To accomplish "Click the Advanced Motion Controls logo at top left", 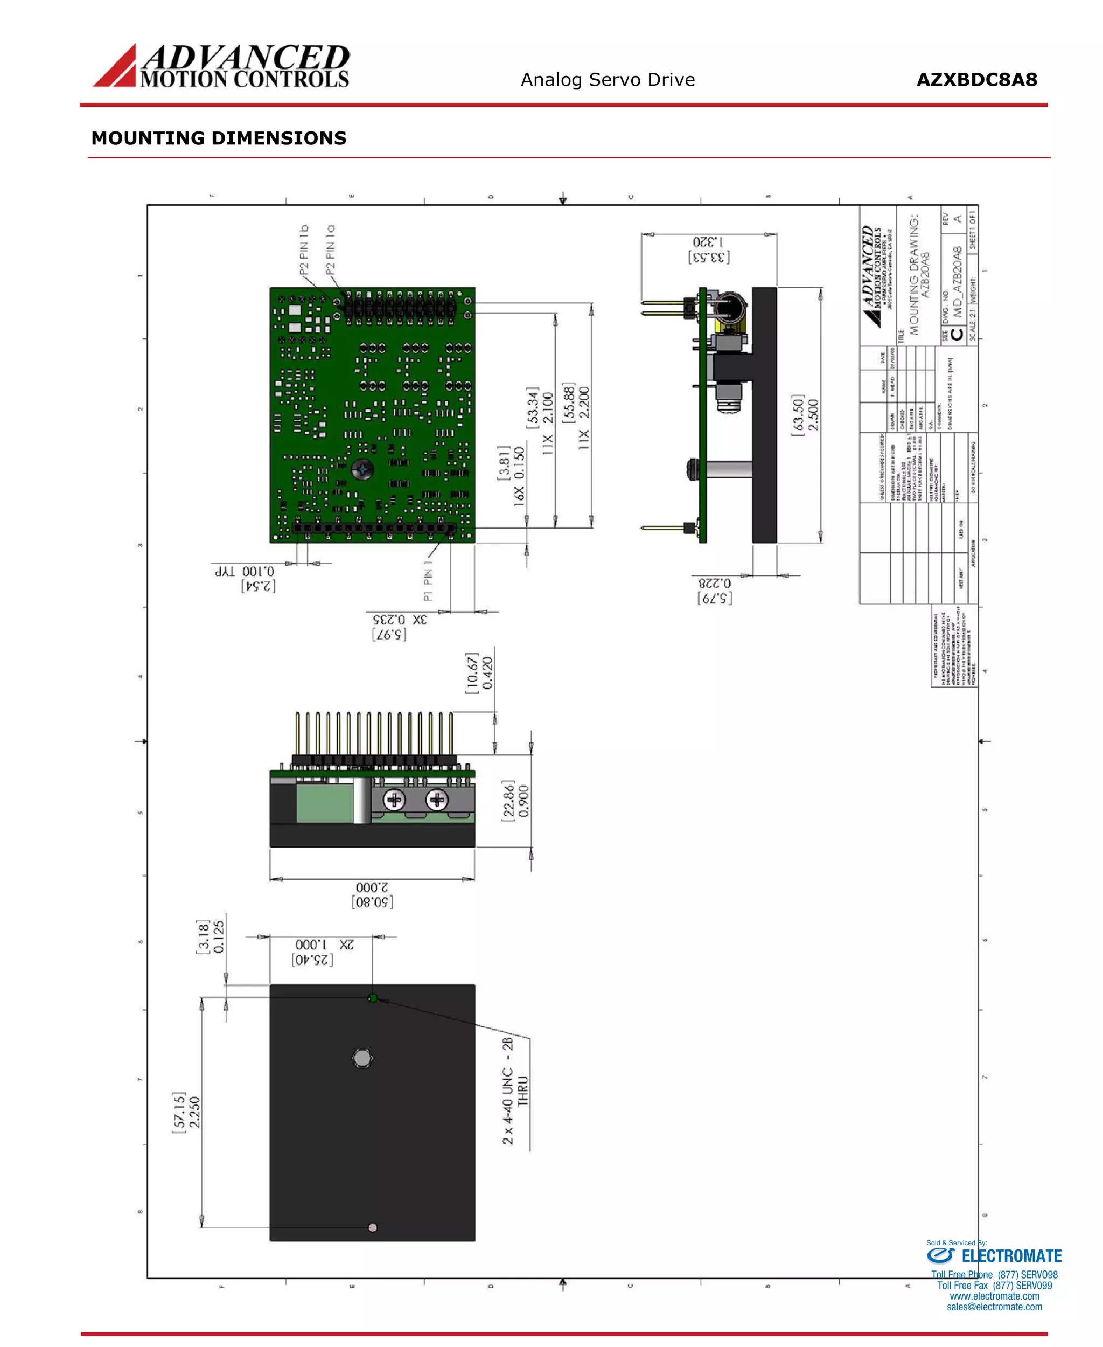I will pos(221,66).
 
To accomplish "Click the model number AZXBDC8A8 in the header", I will pos(976,80).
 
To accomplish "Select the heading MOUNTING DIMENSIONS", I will pos(219,138).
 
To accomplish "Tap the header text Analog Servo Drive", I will pos(608,80).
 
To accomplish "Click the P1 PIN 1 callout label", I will pos(428,580).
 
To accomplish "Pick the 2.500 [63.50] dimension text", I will pos(805,414).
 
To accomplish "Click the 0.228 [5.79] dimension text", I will pos(715,591).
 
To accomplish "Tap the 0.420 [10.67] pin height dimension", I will pos(480,673).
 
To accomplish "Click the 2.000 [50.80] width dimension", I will pos(372,894).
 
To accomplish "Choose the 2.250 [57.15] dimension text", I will pos(187,1111).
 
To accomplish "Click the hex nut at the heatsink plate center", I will pos(362,1058).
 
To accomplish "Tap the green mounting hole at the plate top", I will pos(373,998).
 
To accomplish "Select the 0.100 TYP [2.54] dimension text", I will pos(245,579).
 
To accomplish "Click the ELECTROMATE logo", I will pos(994,1255).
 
